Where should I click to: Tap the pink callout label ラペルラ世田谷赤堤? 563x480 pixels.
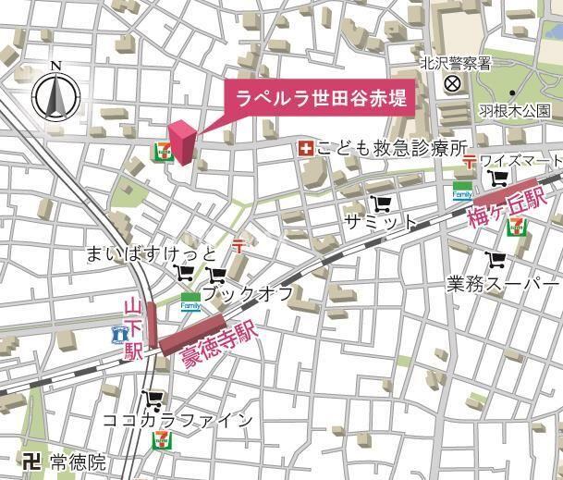pyautogui.click(x=320, y=97)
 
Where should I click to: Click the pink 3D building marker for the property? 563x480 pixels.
pyautogui.click(x=181, y=143)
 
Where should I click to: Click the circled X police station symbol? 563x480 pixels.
pyautogui.click(x=452, y=84)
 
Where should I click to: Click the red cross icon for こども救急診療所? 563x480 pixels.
pyautogui.click(x=304, y=148)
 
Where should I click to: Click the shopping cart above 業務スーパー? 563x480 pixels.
pyautogui.click(x=497, y=260)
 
